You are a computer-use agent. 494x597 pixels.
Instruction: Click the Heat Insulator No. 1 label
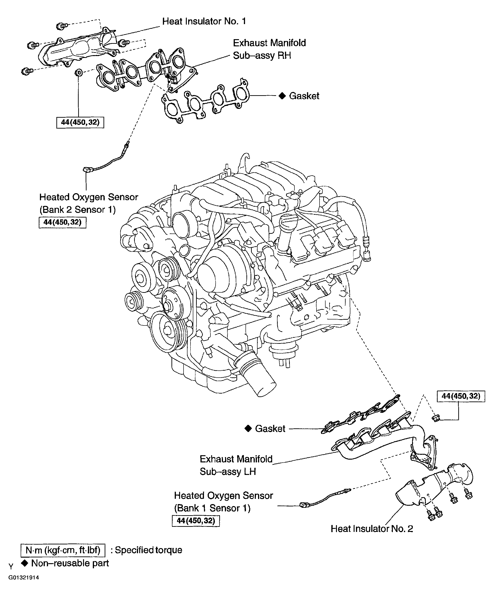(204, 21)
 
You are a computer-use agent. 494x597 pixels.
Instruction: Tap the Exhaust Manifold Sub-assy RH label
(269, 49)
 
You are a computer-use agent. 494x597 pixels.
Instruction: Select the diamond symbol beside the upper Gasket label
(282, 96)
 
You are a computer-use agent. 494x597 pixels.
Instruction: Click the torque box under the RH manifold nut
(80, 123)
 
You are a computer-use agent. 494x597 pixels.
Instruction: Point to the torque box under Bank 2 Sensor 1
(62, 222)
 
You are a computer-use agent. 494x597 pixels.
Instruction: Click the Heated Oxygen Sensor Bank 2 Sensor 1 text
(88, 203)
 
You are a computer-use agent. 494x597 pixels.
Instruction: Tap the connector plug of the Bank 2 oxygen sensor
(87, 170)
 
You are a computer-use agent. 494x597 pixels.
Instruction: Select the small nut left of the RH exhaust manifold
(79, 73)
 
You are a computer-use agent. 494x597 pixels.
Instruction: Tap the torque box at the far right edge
(461, 396)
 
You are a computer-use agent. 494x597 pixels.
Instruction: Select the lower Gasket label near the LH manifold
(270, 429)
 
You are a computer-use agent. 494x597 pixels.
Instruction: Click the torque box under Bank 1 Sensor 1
(196, 521)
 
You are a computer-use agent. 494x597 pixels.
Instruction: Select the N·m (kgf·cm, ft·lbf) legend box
(63, 550)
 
